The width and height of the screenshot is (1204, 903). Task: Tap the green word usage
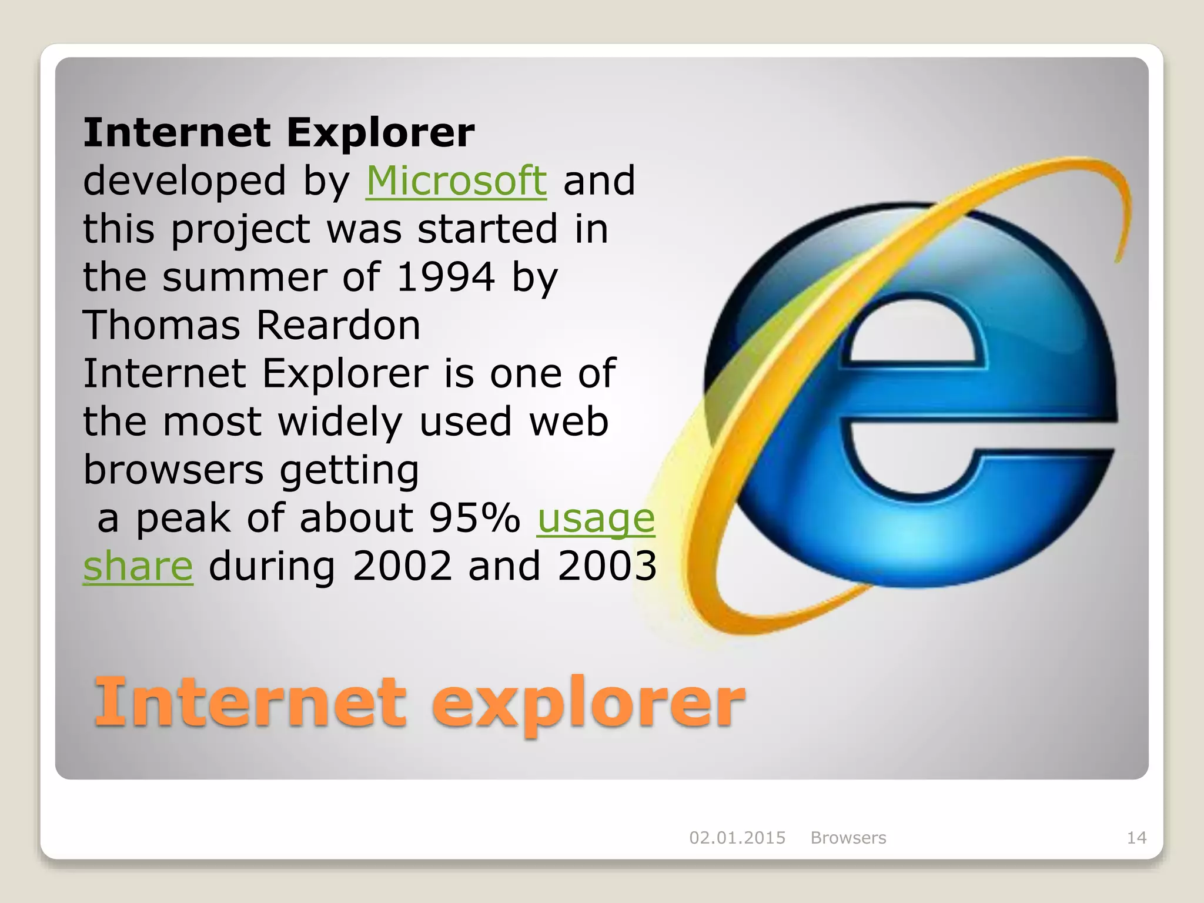coord(596,519)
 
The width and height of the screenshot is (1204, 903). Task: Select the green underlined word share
coord(138,566)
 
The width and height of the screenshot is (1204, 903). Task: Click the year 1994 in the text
coord(446,277)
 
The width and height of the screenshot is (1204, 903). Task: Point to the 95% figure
coord(474,518)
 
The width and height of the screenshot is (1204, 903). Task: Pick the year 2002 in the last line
coord(402,566)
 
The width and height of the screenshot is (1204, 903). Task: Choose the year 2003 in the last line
coord(607,566)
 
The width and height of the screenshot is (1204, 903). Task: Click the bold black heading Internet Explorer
coord(279,132)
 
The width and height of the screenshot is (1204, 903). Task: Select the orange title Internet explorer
coord(419,702)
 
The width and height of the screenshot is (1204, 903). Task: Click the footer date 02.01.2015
coord(737,838)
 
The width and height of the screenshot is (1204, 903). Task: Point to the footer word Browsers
coord(848,838)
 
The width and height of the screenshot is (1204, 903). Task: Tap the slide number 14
coord(1136,838)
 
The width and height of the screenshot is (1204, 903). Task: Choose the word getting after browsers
coord(349,471)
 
